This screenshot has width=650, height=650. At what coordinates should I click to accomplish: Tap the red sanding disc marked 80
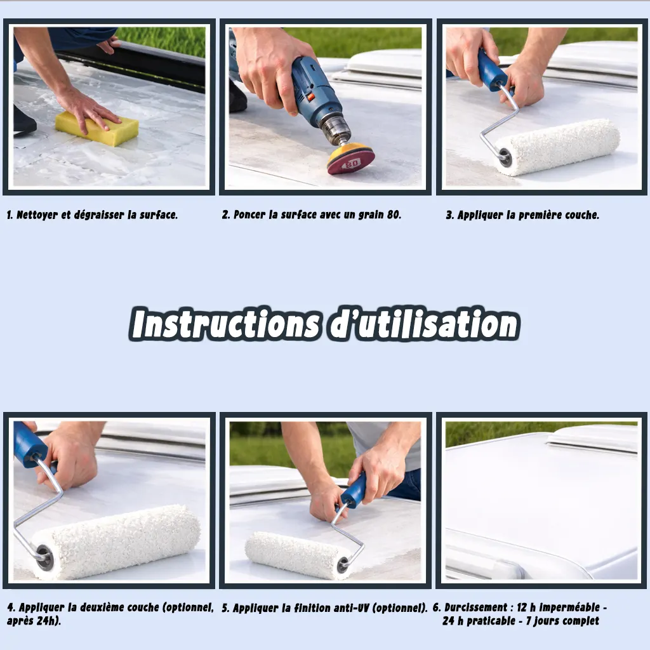point(350,159)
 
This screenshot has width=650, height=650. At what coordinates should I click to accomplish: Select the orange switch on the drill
point(309,98)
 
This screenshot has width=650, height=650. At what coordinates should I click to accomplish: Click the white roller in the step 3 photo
point(557,147)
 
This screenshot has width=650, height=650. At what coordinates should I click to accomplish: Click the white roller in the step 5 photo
point(298,555)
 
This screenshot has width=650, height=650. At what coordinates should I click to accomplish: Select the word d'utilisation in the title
point(423,323)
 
